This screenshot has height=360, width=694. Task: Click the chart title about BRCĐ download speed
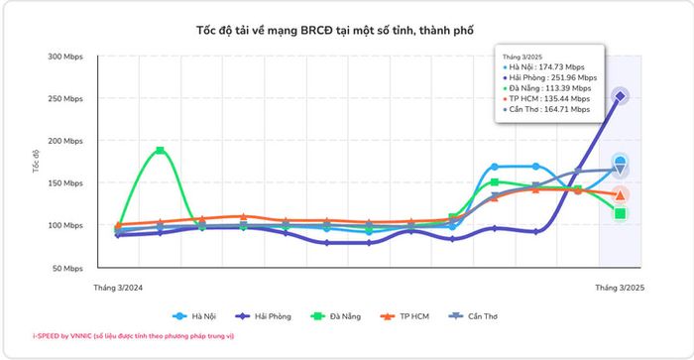[x=335, y=31]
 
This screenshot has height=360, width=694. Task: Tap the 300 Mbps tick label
[x=65, y=57]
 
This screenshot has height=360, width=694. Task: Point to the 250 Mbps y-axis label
[x=65, y=99]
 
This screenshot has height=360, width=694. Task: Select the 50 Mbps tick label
[x=67, y=269]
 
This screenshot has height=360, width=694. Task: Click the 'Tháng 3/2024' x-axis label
[x=118, y=288]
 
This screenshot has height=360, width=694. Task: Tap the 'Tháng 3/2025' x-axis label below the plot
[x=620, y=288]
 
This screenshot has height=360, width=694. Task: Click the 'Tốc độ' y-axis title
[x=36, y=161]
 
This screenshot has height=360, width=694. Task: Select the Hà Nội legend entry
[x=194, y=316]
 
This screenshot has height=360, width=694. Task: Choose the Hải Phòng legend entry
[x=264, y=316]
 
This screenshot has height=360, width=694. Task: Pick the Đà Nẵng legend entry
[x=336, y=316]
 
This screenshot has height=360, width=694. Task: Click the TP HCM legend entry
[x=405, y=316]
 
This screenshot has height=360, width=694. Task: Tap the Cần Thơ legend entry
[x=473, y=316]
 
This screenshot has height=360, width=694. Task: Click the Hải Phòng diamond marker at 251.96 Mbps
[x=620, y=96]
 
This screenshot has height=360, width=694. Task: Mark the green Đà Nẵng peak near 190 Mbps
[x=161, y=150]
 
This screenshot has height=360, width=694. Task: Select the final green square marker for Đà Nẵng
[x=620, y=214]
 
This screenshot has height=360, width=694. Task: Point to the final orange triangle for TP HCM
[x=620, y=194]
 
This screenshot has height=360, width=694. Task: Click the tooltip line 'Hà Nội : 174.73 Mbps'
[x=544, y=67]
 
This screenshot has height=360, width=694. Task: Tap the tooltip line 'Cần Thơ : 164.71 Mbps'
[x=546, y=109]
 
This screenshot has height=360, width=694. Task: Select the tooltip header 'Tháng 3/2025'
[x=522, y=57]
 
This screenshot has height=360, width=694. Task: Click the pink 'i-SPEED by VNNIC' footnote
[x=133, y=336]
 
